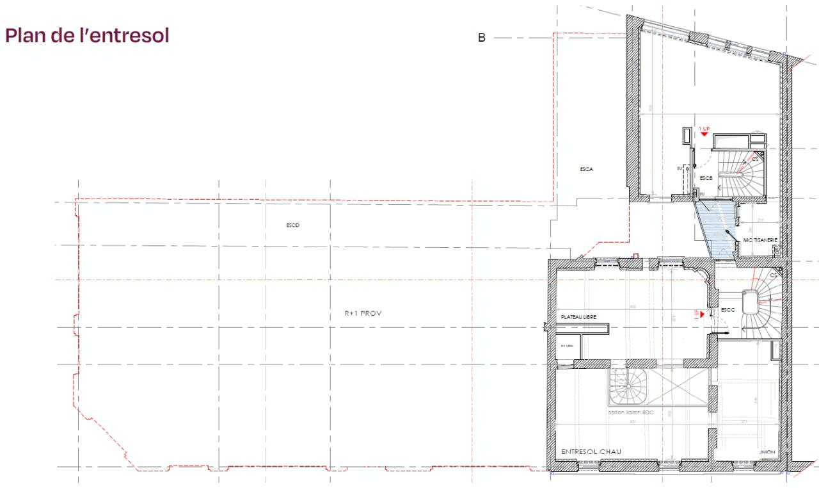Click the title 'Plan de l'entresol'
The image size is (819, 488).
(87, 36)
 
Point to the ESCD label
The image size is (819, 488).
(293, 225)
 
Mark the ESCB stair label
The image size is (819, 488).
(706, 177)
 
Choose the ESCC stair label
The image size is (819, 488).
(728, 310)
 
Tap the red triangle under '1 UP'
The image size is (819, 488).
(704, 134)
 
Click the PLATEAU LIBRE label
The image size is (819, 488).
(578, 316)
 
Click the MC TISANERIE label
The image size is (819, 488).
(760, 240)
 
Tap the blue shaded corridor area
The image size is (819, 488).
(717, 231)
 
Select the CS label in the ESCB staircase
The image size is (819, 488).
(755, 158)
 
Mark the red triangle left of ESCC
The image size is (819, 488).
(702, 314)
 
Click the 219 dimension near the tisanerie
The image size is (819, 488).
(759, 221)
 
